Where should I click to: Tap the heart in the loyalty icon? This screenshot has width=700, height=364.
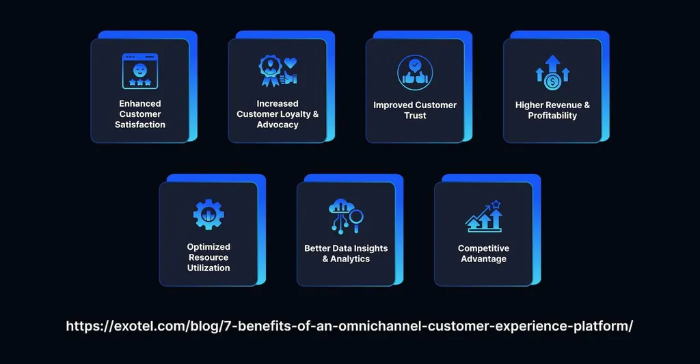291,63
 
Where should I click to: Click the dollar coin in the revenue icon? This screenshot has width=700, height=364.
553,81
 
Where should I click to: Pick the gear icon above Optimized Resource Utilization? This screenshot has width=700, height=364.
208,214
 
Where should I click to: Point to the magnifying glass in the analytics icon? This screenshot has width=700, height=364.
355,218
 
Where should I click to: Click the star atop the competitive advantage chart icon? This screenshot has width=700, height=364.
496,204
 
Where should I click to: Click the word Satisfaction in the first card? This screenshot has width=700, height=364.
140,125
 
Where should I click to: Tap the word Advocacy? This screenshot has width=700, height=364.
278,125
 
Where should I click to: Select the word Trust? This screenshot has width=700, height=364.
415,116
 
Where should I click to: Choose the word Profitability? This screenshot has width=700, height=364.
552,116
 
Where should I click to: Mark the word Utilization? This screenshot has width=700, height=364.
208,268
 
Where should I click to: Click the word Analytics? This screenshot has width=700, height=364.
350,259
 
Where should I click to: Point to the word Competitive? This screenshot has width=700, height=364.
483,248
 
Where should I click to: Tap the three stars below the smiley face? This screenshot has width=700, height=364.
139,82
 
